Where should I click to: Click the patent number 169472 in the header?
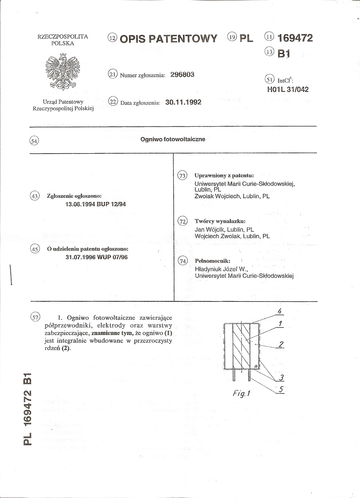295,38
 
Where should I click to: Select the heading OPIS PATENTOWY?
168,39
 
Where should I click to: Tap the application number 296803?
182,75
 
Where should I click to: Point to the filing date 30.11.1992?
183,102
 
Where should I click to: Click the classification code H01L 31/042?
288,89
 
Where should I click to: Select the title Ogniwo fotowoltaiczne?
173,139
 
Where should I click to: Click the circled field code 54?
34,141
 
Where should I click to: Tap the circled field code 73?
183,176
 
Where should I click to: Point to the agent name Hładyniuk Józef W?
221,269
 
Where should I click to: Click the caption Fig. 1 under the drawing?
241,393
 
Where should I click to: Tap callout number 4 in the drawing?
279,311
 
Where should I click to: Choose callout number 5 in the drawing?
281,389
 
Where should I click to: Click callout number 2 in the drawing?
281,344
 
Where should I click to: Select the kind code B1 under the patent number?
283,53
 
